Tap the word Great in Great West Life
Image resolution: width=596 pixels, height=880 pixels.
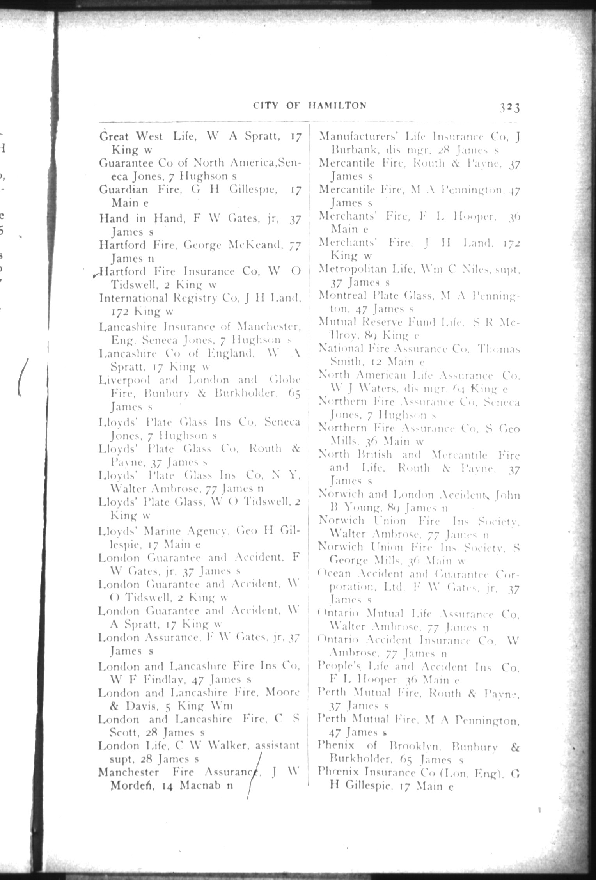tap(114, 136)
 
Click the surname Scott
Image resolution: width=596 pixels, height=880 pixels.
tap(124, 733)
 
